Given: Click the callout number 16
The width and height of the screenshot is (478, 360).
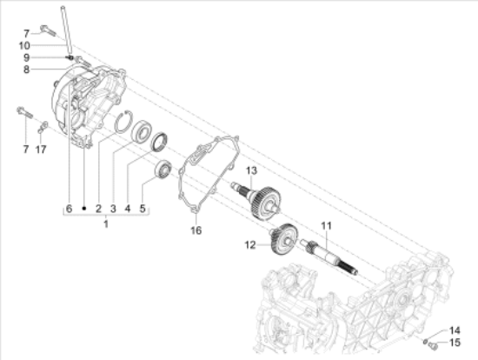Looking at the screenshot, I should [x=196, y=230].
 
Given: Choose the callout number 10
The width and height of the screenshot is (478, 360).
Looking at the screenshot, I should [x=49, y=44].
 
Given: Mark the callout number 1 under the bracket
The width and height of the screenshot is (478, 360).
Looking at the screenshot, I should [x=105, y=223].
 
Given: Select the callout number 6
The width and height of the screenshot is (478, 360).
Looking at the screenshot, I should [x=66, y=209].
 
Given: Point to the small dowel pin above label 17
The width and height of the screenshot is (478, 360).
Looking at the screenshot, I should [x=42, y=130].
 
